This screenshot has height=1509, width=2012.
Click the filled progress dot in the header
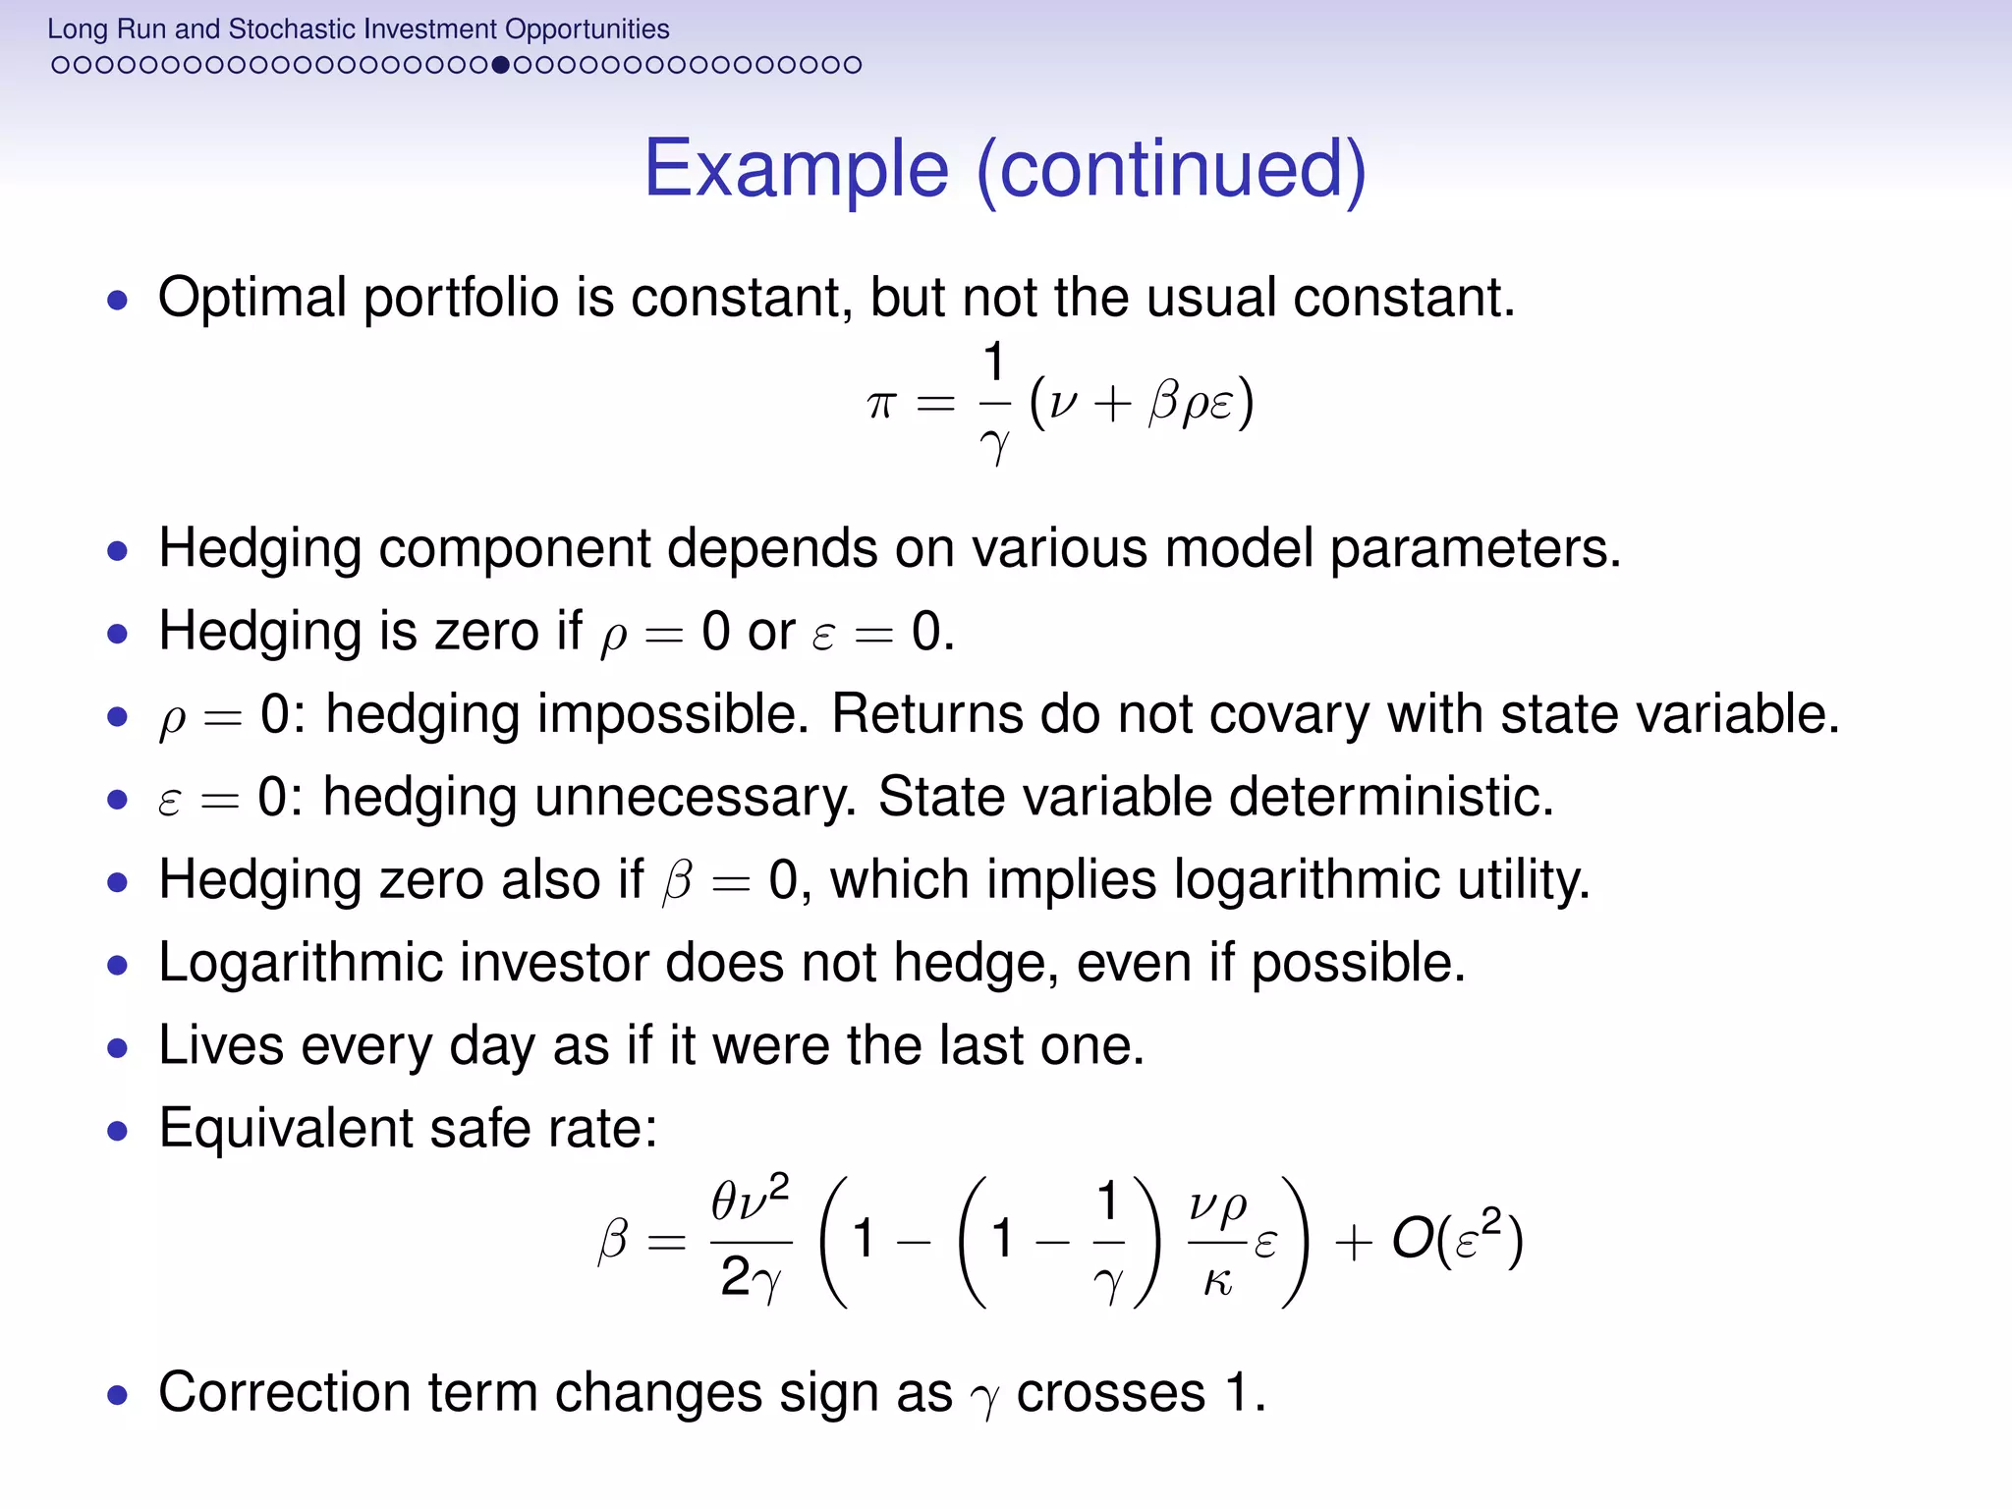coord(500,65)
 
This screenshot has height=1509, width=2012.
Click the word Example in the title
coord(796,169)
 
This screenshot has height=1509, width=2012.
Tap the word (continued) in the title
coord(1171,169)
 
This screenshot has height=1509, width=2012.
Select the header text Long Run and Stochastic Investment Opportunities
coord(358,28)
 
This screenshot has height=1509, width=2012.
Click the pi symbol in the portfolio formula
coord(881,403)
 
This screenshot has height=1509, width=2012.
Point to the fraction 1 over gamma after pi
coord(994,403)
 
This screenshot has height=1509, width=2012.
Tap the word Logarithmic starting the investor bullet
coord(300,963)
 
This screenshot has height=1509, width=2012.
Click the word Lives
coord(221,1045)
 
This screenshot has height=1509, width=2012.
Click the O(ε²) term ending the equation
coord(1457,1240)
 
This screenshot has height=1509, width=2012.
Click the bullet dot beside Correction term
coord(118,1395)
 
